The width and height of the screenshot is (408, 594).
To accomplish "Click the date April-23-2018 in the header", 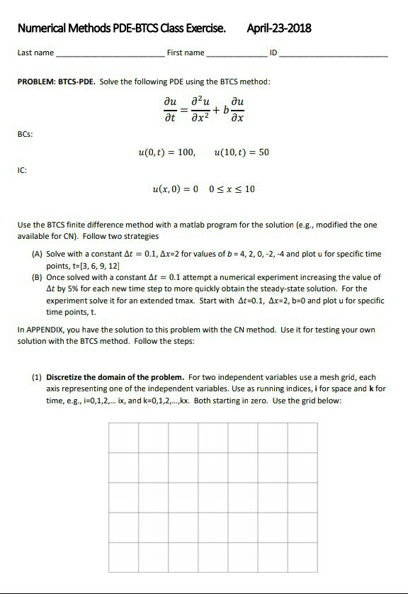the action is (x=278, y=28).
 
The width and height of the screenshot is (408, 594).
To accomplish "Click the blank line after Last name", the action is (x=110, y=55).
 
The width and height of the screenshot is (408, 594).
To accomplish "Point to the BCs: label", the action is (x=25, y=133).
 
